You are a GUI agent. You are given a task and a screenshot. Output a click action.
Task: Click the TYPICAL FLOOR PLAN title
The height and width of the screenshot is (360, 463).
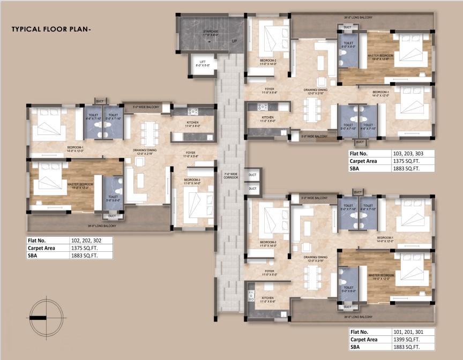pyautogui.click(x=51, y=29)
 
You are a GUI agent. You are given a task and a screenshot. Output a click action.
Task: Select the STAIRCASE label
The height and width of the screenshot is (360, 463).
pyautogui.click(x=210, y=32)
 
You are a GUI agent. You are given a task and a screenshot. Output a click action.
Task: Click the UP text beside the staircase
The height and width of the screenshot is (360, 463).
pyautogui.click(x=234, y=41)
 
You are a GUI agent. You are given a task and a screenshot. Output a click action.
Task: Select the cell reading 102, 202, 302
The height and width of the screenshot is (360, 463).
pyautogui.click(x=91, y=241)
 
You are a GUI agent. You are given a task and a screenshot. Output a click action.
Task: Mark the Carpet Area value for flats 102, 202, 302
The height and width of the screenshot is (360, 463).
pyautogui.click(x=91, y=248)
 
